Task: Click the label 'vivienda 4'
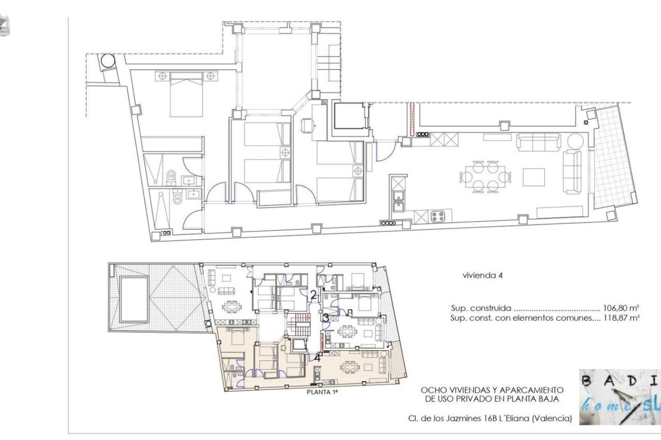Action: click(x=483, y=276)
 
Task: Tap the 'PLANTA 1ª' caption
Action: click(x=322, y=392)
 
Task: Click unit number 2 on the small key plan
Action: click(x=313, y=295)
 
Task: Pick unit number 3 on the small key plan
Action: click(x=326, y=318)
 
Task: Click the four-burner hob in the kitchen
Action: click(x=438, y=216)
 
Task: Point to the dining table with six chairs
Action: click(x=485, y=177)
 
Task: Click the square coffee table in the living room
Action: click(x=534, y=177)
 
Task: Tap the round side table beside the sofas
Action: click(x=576, y=141)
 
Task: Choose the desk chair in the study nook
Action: click(x=307, y=126)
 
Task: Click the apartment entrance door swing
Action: click(x=386, y=151)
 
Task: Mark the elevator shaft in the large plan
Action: click(x=349, y=117)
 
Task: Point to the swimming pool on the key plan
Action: click(x=134, y=299)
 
